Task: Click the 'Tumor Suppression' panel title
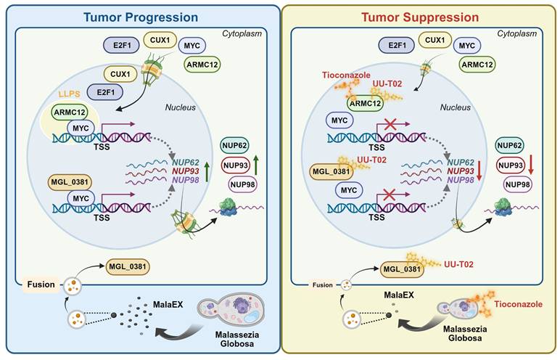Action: coord(419,16)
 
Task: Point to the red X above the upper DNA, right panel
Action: coord(392,127)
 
